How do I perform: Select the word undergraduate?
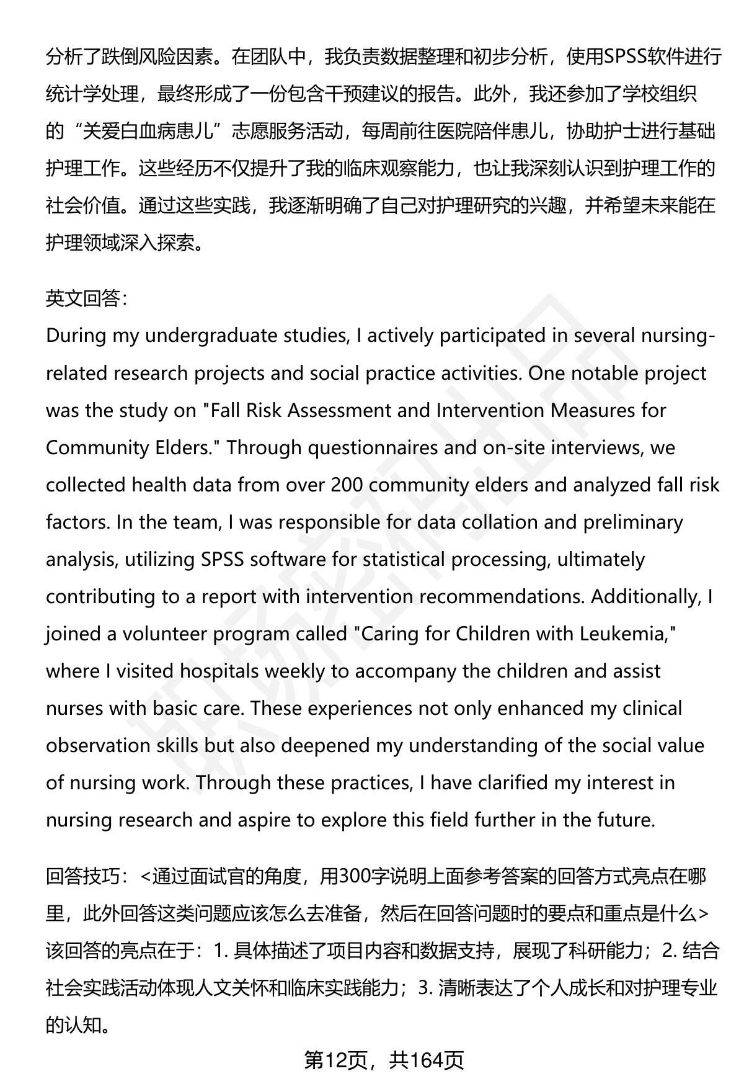point(211,336)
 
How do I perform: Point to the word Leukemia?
point(627,634)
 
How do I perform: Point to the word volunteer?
point(164,634)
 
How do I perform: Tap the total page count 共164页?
point(426,1060)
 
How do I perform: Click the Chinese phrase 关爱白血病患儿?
point(148,132)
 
